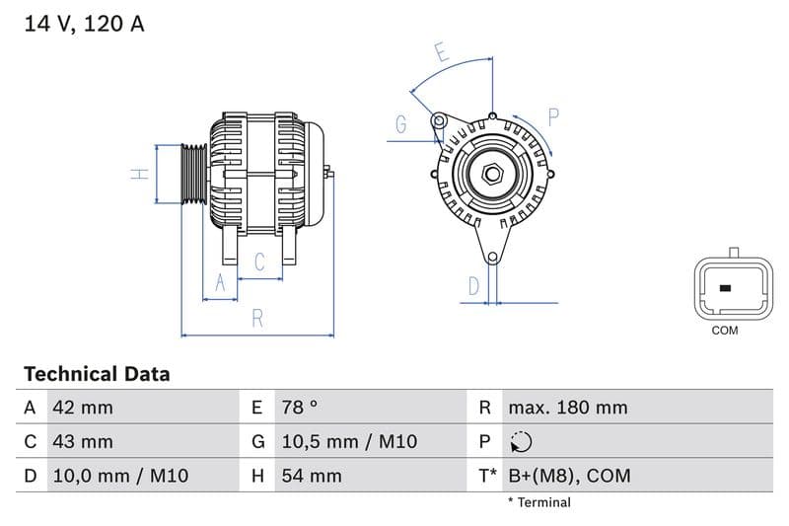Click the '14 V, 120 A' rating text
point(84,24)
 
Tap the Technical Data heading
point(97,374)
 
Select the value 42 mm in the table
point(84,408)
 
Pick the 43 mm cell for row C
point(84,441)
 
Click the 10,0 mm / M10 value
point(120,476)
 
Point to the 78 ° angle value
point(300,408)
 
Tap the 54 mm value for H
point(312,476)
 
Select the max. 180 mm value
point(567,408)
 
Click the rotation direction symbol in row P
point(522,441)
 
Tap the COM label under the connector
point(725,331)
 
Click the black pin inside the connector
point(725,288)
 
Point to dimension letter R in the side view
point(257,318)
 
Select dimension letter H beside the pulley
point(141,174)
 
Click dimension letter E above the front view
point(443,53)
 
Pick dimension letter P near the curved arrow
point(553,117)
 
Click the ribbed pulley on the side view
point(194,174)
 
